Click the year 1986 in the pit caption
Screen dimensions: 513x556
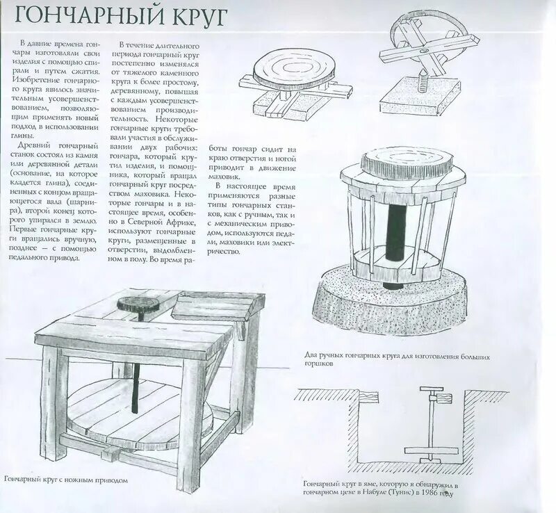(x=431, y=494)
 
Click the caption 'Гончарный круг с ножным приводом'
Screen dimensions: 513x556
(x=66, y=480)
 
